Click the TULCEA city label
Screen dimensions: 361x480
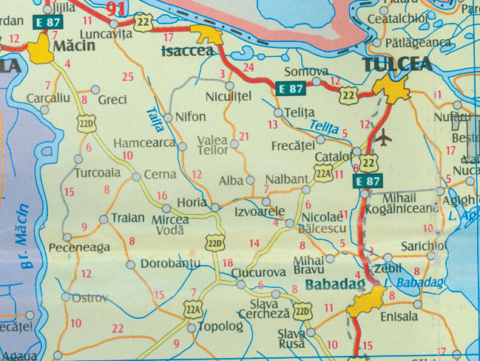pyautogui.click(x=397, y=64)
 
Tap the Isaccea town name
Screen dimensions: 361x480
pyautogui.click(x=187, y=51)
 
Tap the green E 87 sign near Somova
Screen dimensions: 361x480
pyautogui.click(x=290, y=89)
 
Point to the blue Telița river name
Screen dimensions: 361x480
pyautogui.click(x=323, y=126)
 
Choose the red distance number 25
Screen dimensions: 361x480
pyautogui.click(x=128, y=77)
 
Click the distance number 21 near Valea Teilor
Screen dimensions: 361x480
pyautogui.click(x=245, y=136)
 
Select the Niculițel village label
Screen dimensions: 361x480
pyautogui.click(x=229, y=95)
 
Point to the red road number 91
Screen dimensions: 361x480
pyautogui.click(x=115, y=9)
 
